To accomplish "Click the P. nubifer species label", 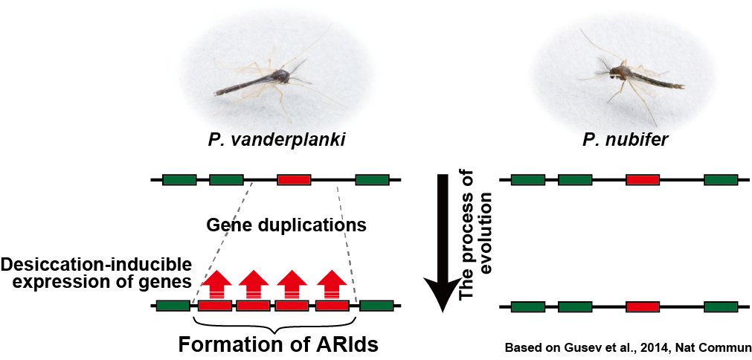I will tap(625, 143).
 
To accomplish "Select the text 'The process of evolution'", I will tap(475, 245).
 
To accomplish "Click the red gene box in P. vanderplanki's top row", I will tap(294, 179).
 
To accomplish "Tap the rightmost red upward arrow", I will tap(332, 284).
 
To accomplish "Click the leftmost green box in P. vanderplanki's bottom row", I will tap(173, 306).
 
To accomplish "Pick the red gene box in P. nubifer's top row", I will tap(643, 179).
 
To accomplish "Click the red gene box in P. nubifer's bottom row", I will tap(643, 306).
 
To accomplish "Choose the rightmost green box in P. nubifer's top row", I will tap(721, 179).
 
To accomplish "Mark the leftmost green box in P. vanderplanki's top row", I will tap(179, 179).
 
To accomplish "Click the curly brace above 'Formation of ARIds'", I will tap(274, 326).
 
